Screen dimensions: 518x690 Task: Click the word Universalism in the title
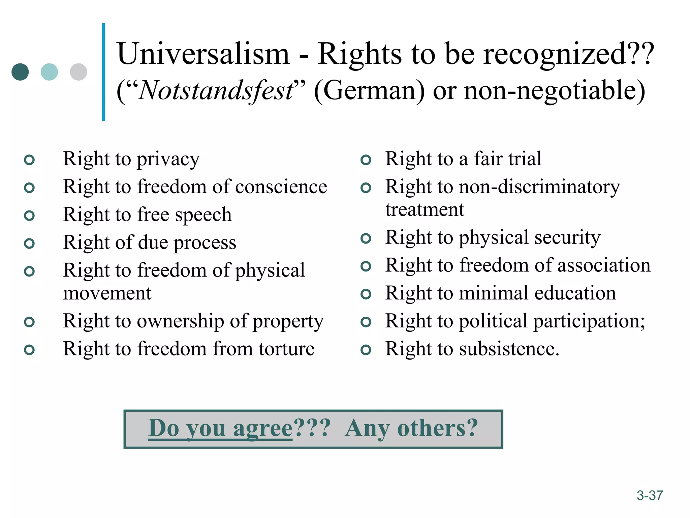(203, 54)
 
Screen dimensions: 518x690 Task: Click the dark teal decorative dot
(20, 72)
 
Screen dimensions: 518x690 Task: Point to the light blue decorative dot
(49, 72)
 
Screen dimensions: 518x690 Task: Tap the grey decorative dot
(79, 72)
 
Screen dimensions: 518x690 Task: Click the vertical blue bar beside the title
(103, 72)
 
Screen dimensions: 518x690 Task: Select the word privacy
(168, 160)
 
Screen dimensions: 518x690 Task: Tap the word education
(575, 293)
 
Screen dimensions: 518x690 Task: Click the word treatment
(425, 210)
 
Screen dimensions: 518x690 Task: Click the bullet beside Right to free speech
(30, 215)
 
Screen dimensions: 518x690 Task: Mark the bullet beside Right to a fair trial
(366, 160)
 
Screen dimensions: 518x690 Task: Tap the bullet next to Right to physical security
(366, 239)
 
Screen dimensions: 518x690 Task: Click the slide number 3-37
(650, 495)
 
